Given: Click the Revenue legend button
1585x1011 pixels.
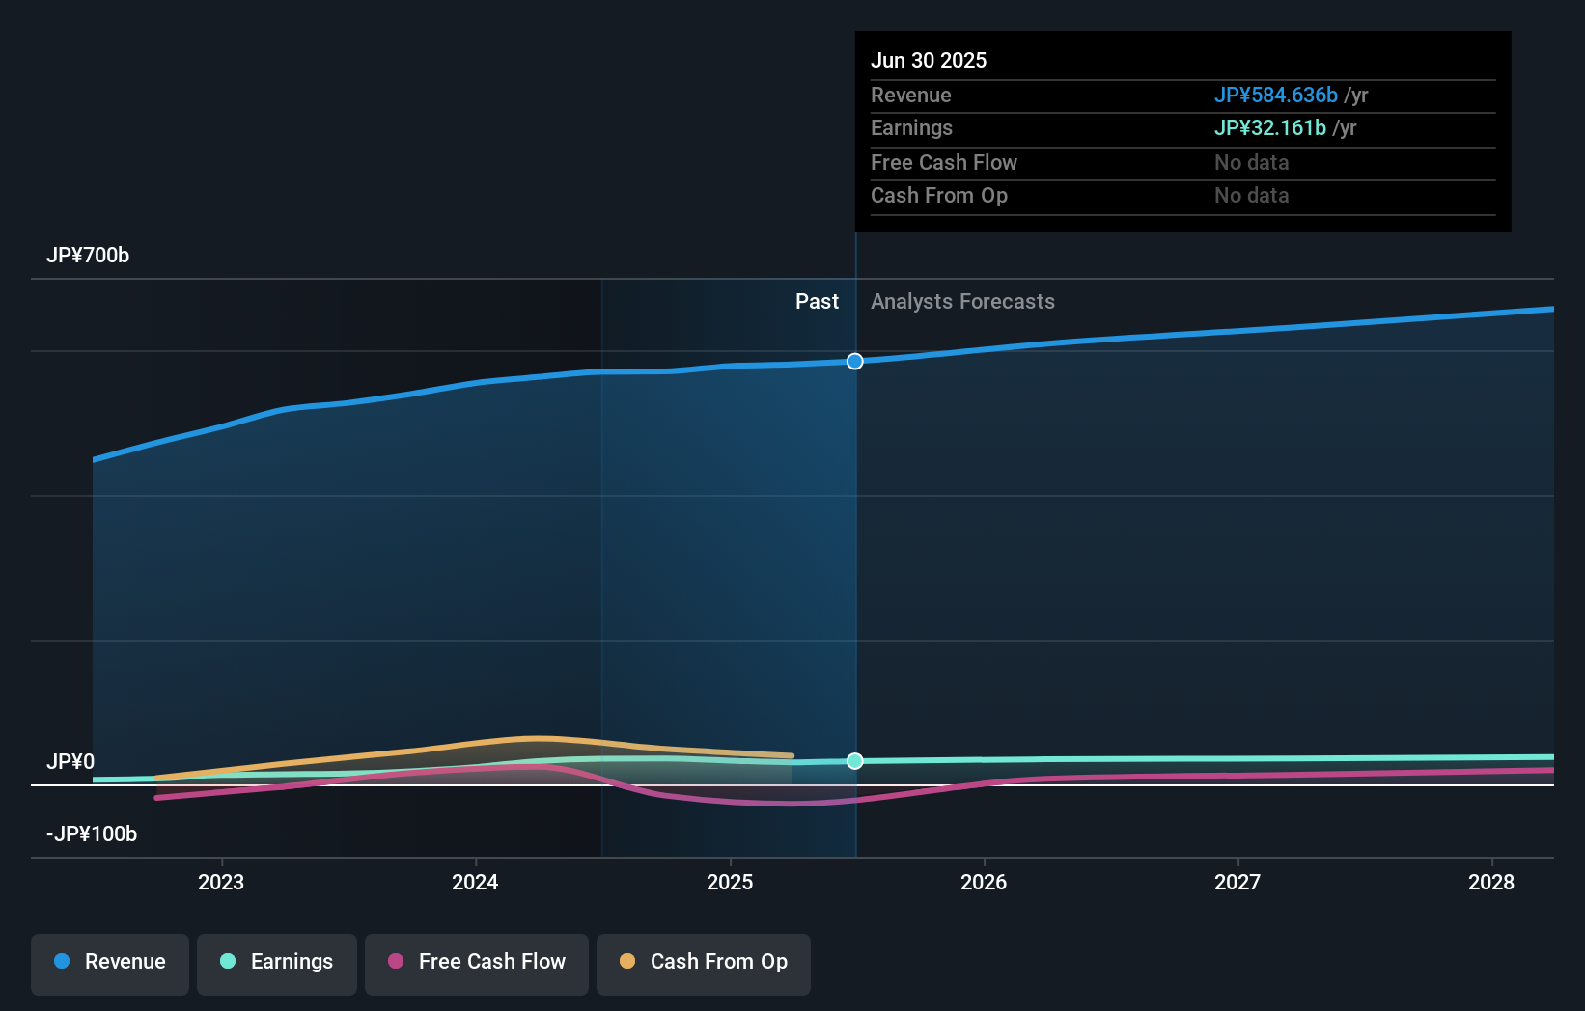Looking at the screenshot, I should (110, 963).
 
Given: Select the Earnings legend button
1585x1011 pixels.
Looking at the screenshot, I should (277, 963).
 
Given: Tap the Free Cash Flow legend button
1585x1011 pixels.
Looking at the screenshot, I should (477, 963).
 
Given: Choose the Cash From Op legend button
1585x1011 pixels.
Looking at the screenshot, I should (704, 963).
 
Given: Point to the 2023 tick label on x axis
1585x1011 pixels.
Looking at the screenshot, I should (221, 882).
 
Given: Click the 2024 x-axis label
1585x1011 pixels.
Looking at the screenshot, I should (475, 882).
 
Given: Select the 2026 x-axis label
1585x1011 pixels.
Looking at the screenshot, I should (984, 882).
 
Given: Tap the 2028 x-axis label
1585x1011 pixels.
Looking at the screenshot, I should (1491, 882).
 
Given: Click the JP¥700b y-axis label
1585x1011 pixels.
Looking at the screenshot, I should (88, 256).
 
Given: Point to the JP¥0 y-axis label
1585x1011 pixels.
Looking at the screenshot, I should (70, 762).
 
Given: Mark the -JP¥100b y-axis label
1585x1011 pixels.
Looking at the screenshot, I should (92, 834).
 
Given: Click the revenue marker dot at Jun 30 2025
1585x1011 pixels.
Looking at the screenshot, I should (855, 362).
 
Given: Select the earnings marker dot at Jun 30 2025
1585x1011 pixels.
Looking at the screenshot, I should (855, 761).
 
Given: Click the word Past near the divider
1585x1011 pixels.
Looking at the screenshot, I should (817, 302).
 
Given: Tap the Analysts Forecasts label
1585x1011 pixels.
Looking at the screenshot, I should (962, 302).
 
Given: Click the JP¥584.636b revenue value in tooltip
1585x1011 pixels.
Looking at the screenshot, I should (1275, 96).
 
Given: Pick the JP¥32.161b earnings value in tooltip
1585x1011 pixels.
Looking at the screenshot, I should (1269, 128).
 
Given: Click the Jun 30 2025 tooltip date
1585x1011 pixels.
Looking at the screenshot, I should (929, 61).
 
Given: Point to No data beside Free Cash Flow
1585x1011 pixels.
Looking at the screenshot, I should (1251, 163).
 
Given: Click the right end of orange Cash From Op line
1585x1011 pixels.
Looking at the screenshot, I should (792, 756).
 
